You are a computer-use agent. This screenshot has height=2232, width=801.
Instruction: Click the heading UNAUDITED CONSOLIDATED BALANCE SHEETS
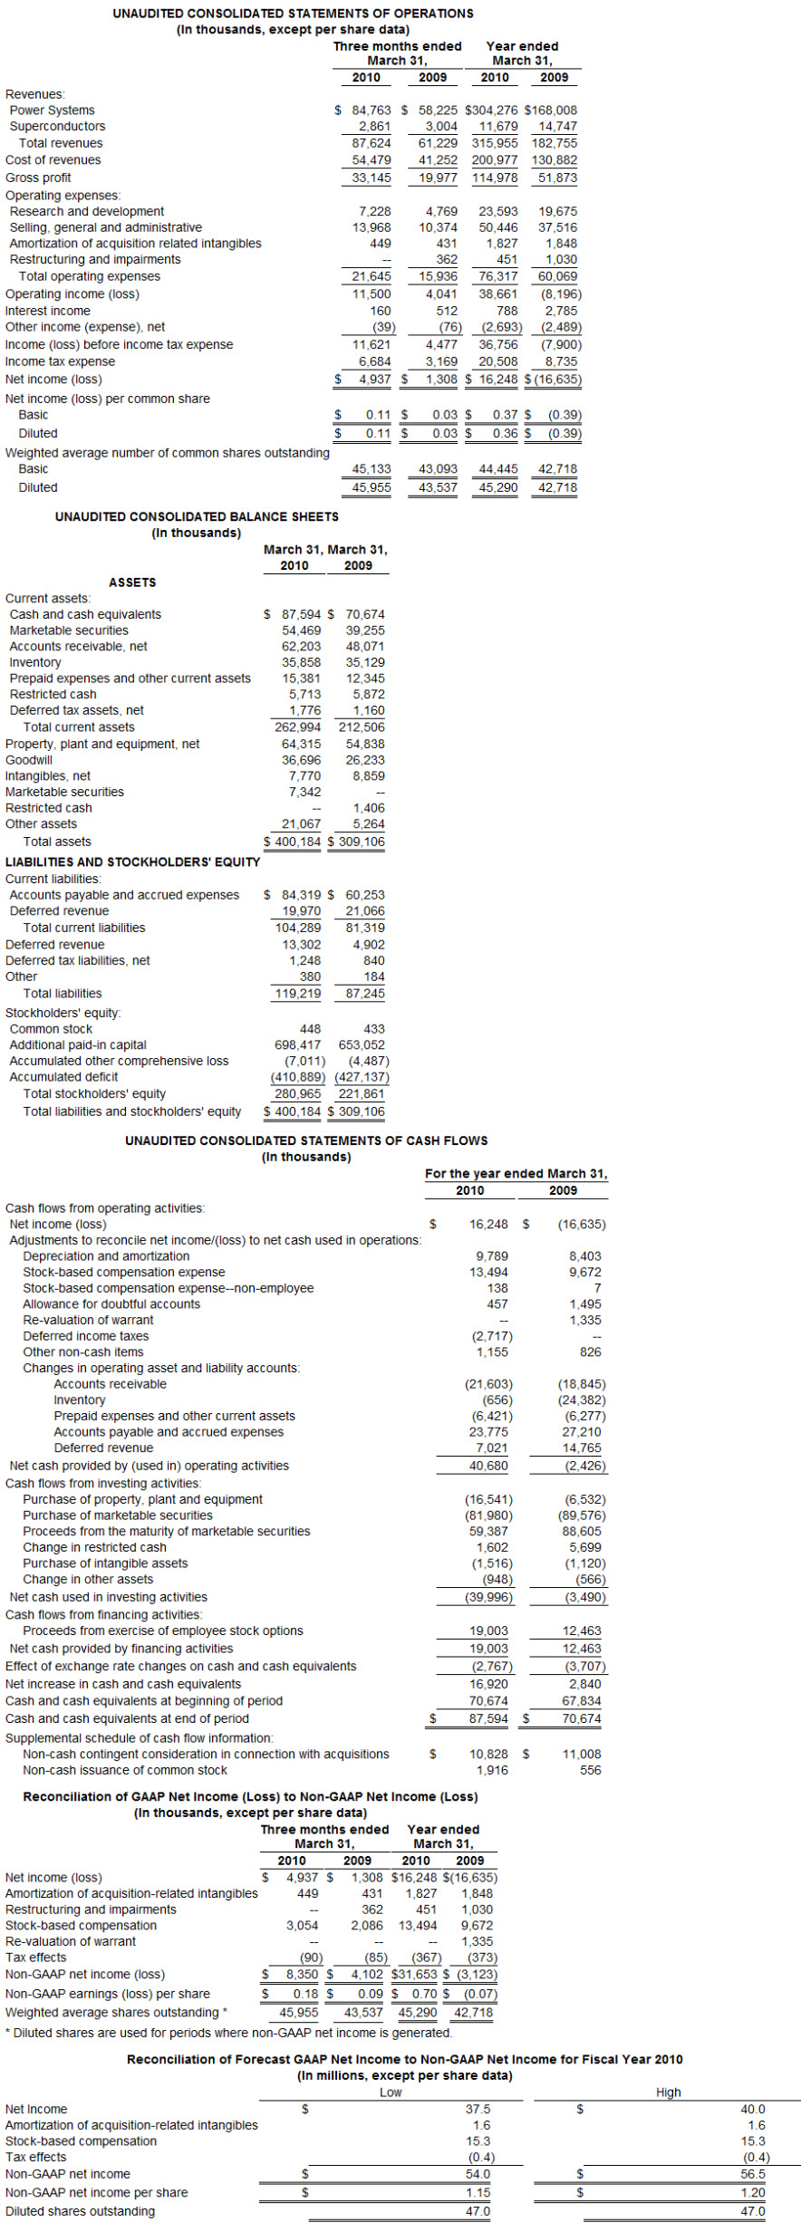(197, 516)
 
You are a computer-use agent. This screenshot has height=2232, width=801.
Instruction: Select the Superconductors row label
(57, 126)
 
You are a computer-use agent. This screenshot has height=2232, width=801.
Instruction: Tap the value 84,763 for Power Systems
(372, 110)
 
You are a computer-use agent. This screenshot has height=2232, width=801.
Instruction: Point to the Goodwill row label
(29, 760)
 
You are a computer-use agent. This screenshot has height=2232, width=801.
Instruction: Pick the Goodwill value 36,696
(301, 760)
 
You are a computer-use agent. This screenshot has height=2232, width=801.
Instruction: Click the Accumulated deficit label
(63, 1077)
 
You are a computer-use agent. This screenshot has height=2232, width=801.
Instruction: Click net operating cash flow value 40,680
(488, 1465)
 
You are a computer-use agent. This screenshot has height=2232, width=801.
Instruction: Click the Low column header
(391, 2092)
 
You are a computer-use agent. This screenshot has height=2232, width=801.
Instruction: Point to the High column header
(668, 2092)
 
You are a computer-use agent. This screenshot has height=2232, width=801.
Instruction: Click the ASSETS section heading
(132, 582)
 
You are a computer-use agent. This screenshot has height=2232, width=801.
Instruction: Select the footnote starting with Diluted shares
(228, 2032)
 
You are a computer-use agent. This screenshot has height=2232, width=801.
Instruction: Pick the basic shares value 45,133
(372, 468)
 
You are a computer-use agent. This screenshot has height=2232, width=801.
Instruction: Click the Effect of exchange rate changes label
(181, 1666)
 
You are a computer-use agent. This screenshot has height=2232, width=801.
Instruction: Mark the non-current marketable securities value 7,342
(304, 792)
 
